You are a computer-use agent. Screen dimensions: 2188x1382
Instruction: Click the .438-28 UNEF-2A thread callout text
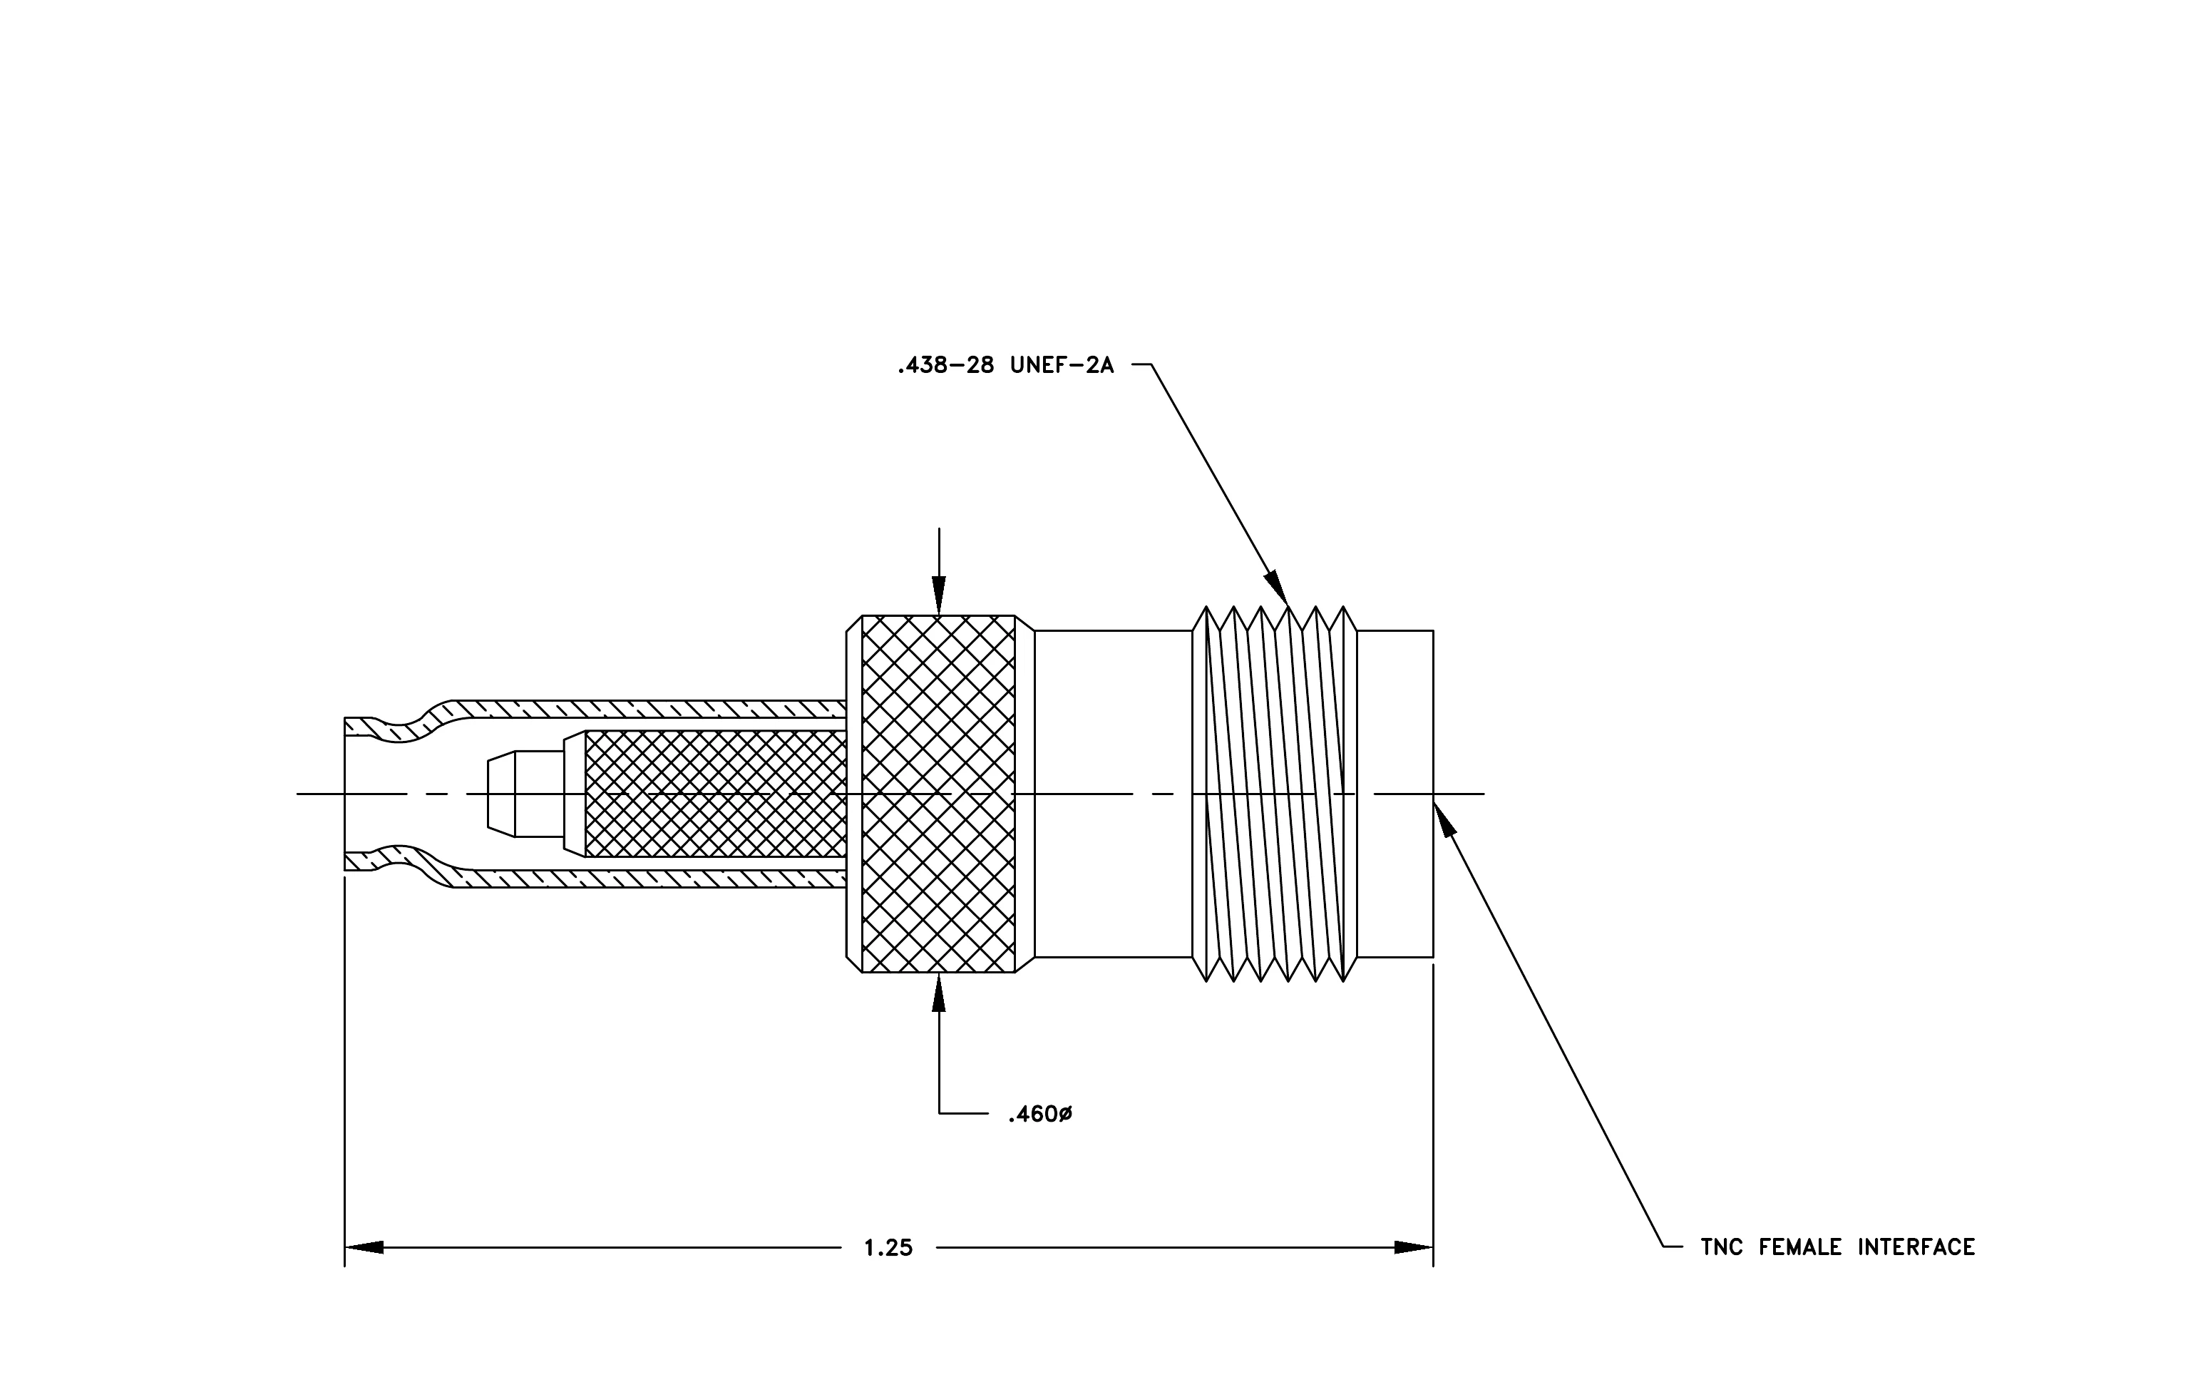pos(1005,366)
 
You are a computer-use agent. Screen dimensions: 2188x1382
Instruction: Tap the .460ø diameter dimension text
pos(1040,1114)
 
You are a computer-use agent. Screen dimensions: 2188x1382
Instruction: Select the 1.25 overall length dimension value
pos(888,1249)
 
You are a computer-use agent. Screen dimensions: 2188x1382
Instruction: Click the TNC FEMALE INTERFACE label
pos(1837,1247)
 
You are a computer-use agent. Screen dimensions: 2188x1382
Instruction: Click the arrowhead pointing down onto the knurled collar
pos(939,595)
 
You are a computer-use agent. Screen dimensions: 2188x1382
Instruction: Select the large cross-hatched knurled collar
pos(939,794)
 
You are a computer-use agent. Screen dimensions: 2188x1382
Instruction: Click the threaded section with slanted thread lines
pos(1274,794)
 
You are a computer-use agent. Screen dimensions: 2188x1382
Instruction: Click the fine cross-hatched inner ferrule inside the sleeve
pos(715,794)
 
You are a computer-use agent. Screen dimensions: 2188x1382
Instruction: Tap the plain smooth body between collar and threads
pos(1113,794)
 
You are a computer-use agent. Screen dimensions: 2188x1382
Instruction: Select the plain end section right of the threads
pos(1395,794)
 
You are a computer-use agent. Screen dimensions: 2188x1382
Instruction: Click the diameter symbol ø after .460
pos(1065,1114)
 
